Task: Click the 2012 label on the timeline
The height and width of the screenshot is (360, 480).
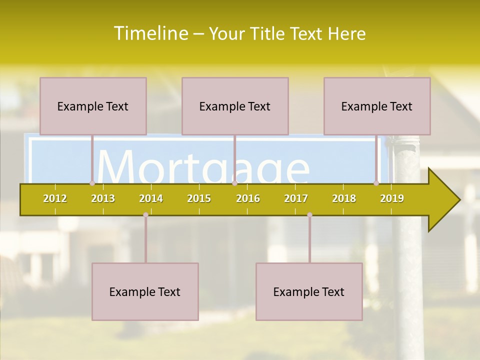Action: (55, 198)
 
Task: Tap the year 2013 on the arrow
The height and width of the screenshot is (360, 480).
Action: (103, 198)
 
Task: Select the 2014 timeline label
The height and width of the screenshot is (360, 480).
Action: (151, 198)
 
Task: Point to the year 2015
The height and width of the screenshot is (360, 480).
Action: (199, 198)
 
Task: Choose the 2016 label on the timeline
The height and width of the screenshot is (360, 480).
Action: (248, 198)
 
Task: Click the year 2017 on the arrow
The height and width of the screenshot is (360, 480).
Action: (296, 198)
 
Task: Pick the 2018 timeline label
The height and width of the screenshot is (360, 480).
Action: (344, 198)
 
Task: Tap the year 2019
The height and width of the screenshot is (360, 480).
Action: (392, 198)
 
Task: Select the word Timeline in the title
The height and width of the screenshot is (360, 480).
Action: (150, 33)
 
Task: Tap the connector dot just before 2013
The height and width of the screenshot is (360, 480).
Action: (92, 183)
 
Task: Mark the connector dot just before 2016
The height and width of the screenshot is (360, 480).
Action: (234, 183)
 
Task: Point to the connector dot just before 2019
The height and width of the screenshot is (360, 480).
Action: (376, 183)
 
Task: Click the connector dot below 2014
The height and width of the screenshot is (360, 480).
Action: (145, 215)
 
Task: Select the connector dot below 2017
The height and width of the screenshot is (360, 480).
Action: (309, 215)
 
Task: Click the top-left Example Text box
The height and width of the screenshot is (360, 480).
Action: (93, 106)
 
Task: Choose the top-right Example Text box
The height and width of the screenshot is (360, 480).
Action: (377, 106)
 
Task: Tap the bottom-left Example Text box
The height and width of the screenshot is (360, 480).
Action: (145, 291)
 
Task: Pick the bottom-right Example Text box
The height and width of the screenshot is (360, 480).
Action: (309, 291)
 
